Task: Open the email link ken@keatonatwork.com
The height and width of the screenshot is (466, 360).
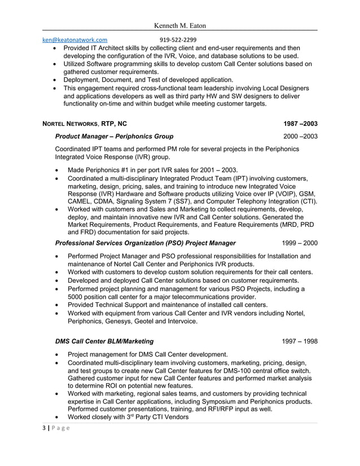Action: pos(75,40)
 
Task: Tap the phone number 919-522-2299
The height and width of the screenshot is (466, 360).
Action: pos(178,40)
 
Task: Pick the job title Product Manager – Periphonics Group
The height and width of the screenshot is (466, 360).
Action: pos(115,137)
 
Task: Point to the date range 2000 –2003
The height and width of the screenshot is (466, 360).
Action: pos(300,137)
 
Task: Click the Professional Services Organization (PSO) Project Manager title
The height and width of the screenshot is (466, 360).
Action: pos(146,243)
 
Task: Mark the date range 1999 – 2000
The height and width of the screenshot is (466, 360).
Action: pos(300,243)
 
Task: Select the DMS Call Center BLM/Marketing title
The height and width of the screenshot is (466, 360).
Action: pos(104,341)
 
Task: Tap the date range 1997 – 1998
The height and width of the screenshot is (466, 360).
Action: pos(300,341)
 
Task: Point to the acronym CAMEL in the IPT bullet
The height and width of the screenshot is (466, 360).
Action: pos(82,201)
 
